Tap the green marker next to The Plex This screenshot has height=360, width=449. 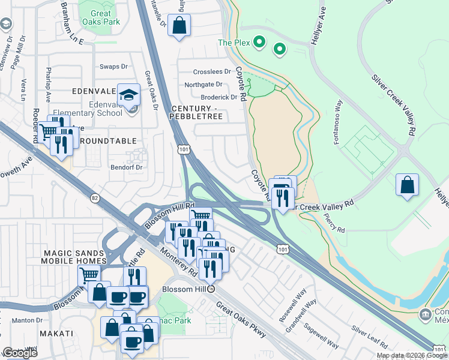tap(259, 42)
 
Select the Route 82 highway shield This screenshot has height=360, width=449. tap(94, 197)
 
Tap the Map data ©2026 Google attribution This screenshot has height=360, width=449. tap(412, 356)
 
